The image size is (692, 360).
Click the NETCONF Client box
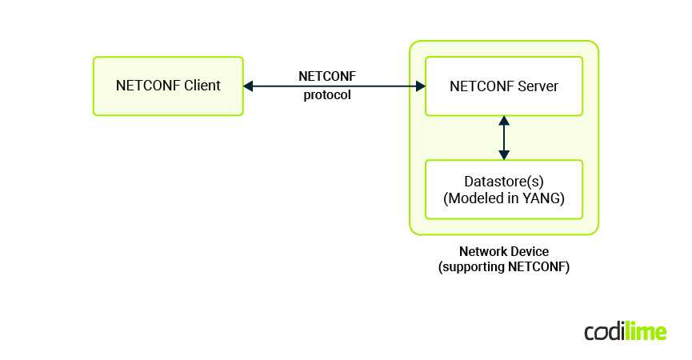coord(168,86)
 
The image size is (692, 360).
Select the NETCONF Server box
coord(503,86)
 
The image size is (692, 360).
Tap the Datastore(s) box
coord(503,190)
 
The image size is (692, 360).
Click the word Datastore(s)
coord(504,182)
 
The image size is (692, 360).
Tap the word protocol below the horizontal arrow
coord(326,95)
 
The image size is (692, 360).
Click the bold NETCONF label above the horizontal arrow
coord(326,77)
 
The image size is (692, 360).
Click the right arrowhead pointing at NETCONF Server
coord(420,86)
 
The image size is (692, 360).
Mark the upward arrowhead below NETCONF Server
coord(503,121)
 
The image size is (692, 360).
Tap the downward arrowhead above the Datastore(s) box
coord(503,154)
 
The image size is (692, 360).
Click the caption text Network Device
coord(503,251)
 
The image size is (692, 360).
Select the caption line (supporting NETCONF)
coord(503,267)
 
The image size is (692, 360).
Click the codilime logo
coord(625,332)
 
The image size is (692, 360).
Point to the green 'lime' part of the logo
coord(646,332)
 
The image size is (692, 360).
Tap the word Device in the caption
coord(529,251)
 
